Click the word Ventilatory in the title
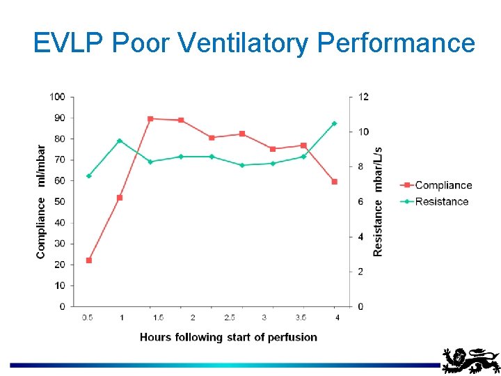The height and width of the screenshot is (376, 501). (x=245, y=43)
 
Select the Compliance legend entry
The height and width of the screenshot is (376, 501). (x=436, y=185)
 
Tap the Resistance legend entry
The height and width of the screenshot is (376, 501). (x=434, y=201)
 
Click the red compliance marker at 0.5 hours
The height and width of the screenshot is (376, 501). (x=89, y=260)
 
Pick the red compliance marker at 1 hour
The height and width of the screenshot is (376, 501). (x=120, y=198)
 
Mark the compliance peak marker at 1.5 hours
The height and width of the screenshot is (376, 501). (x=150, y=119)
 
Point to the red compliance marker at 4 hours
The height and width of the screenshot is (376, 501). (x=335, y=182)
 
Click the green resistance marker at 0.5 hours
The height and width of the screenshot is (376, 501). (x=89, y=176)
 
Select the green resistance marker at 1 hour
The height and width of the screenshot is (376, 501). (x=120, y=141)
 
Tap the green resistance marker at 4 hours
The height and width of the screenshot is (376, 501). (x=335, y=123)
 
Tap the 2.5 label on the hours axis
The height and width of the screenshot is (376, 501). (x=228, y=318)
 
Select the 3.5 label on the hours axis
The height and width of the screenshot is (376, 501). (x=301, y=318)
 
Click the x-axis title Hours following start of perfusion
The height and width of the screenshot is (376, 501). (x=228, y=337)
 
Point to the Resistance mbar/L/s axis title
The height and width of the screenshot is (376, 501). (x=378, y=201)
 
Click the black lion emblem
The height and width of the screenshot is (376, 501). (x=471, y=361)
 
